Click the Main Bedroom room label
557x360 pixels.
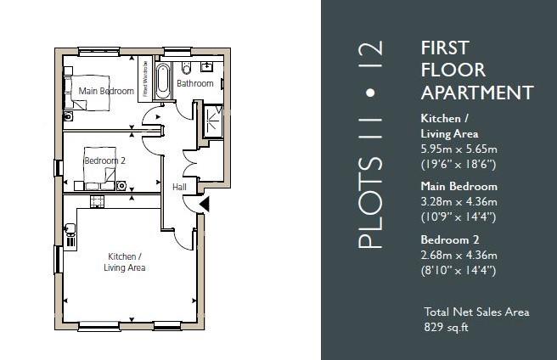106,91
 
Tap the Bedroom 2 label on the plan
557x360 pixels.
104,160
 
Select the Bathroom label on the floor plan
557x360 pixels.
194,84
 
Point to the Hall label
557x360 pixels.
179,187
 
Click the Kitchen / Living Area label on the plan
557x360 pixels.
124,262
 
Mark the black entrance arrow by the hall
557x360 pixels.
203,204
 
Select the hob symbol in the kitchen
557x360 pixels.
97,200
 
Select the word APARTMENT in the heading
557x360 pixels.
477,93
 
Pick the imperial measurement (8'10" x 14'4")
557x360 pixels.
459,270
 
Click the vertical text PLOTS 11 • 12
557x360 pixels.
371,144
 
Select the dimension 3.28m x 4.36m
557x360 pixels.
459,201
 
